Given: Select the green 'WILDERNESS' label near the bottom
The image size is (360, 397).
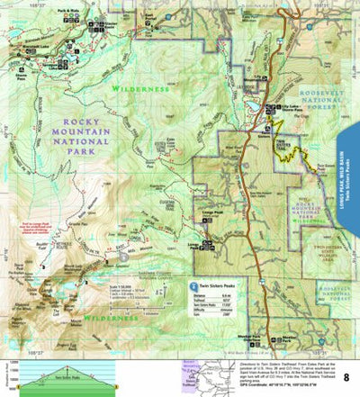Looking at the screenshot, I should tap(106, 319).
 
